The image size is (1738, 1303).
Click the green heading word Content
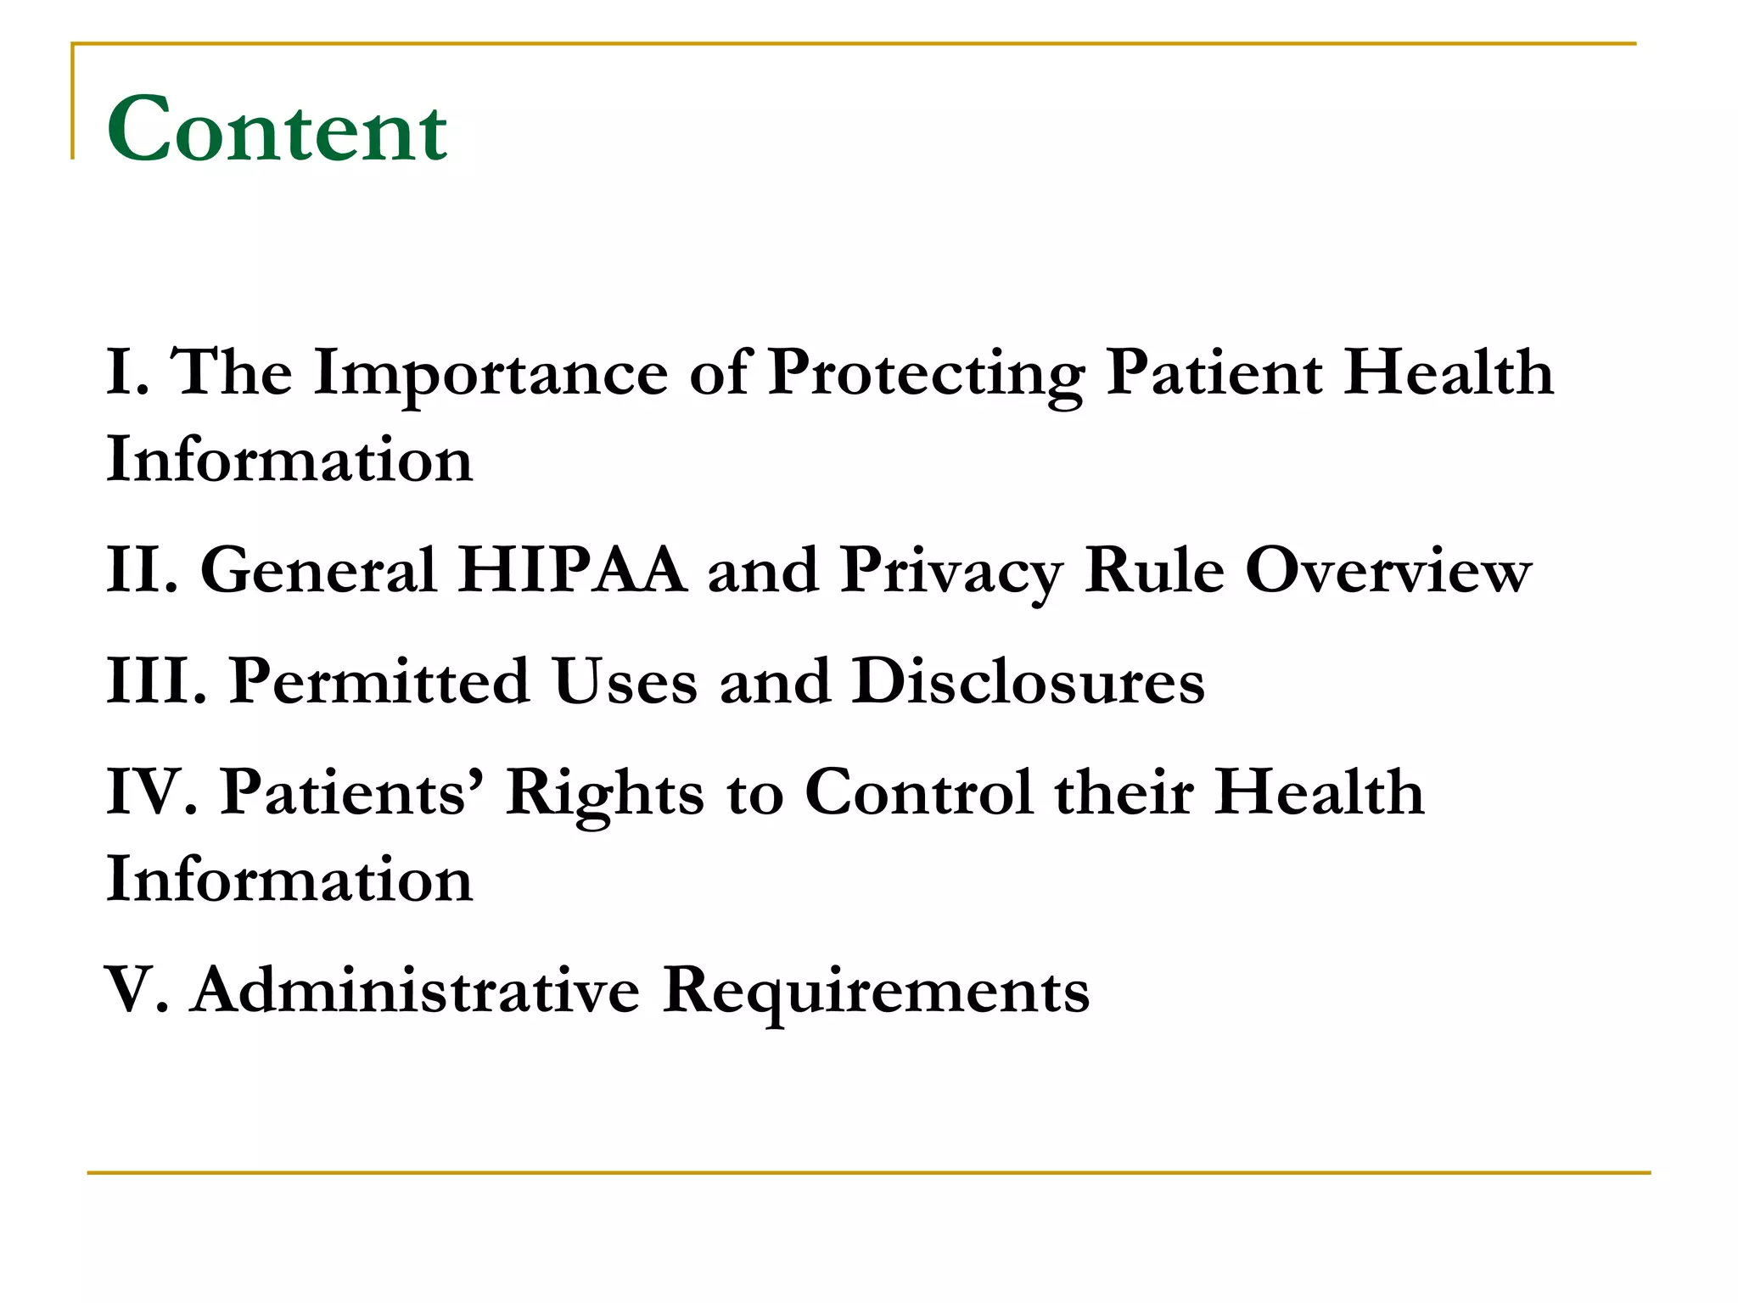pyautogui.click(x=277, y=130)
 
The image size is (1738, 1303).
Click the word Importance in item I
pyautogui.click(x=491, y=373)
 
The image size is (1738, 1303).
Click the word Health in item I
pyautogui.click(x=1449, y=373)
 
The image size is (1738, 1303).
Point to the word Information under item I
pyautogui.click(x=289, y=460)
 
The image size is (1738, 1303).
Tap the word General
pyautogui.click(x=317, y=571)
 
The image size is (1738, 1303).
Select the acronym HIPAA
pyautogui.click(x=573, y=571)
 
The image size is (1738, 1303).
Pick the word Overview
pyautogui.click(x=1388, y=571)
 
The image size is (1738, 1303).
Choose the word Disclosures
pyautogui.click(x=1028, y=681)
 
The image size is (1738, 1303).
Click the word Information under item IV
pyautogui.click(x=289, y=880)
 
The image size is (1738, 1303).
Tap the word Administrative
pyautogui.click(x=416, y=990)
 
